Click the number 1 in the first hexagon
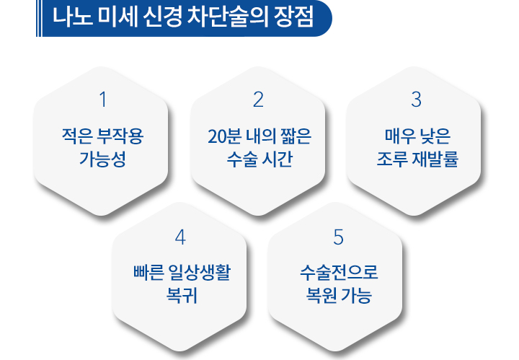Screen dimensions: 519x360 tap(103, 100)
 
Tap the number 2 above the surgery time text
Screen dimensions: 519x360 tap(258, 100)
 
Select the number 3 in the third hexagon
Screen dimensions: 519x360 tap(416, 100)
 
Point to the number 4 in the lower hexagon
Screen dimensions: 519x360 tap(180, 237)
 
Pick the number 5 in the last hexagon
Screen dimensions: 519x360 tap(338, 237)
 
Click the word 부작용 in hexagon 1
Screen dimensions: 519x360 tap(120, 136)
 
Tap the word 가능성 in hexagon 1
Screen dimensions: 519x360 tap(102, 159)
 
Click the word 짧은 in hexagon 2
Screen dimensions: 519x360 tap(296, 136)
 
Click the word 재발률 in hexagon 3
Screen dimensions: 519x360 tap(435, 159)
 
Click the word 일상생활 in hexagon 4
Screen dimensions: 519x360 tap(199, 273)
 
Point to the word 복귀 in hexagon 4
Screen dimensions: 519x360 tap(182, 295)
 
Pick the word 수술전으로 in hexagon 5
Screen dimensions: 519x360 tap(339, 273)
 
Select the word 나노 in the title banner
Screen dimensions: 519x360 tap(72, 17)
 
